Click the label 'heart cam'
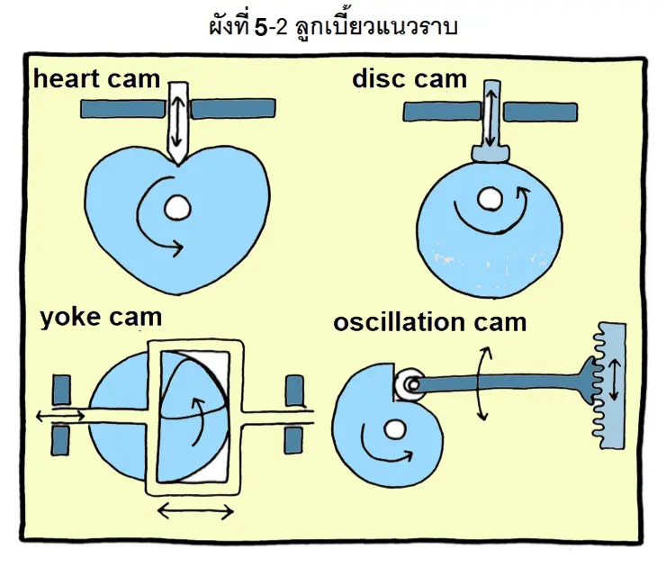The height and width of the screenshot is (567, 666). pyautogui.click(x=98, y=78)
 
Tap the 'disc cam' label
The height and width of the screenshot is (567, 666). pyautogui.click(x=409, y=78)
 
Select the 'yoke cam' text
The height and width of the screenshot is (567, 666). pyautogui.click(x=101, y=318)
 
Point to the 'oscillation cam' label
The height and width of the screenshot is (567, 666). pyautogui.click(x=429, y=321)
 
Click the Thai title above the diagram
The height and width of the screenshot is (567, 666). pyautogui.click(x=332, y=26)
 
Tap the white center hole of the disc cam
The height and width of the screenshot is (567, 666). pyautogui.click(x=490, y=198)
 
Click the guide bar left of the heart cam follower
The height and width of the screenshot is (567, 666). pyautogui.click(x=123, y=108)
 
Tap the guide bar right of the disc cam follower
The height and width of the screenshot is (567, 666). pyautogui.click(x=540, y=112)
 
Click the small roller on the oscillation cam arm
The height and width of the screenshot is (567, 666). pyautogui.click(x=411, y=384)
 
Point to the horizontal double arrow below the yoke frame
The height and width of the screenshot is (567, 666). pyautogui.click(x=195, y=512)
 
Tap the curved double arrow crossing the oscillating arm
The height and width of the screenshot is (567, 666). pyautogui.click(x=482, y=384)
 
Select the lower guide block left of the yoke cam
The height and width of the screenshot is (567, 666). pyautogui.click(x=61, y=439)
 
